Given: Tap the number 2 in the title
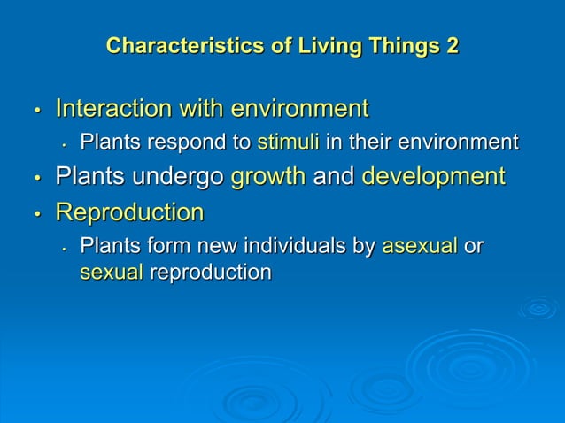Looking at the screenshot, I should [x=452, y=45].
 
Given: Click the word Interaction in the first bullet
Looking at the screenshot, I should [x=111, y=110].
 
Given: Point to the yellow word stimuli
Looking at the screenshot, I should [x=282, y=142].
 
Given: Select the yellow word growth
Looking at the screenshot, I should [x=268, y=176].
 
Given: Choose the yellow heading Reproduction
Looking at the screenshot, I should [x=129, y=213].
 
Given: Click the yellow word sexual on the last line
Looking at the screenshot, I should [x=111, y=273].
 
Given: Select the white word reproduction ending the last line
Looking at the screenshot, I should [x=210, y=273].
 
